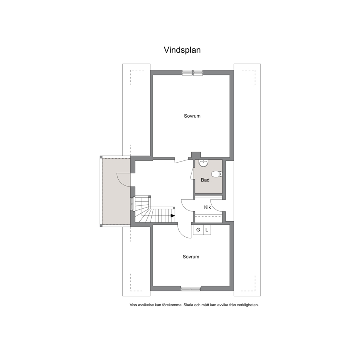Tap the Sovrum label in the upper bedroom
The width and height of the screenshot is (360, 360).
pos(192,116)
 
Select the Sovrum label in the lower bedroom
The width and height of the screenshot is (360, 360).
pos(191,257)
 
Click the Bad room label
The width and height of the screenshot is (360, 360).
pos(205,180)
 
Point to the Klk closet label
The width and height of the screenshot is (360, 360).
pos(207,207)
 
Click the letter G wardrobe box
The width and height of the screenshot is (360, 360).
pos(198,230)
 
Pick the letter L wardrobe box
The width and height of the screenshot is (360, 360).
pos(207,230)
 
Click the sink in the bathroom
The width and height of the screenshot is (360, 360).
pos(204,163)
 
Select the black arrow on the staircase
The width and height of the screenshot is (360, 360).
pos(173,216)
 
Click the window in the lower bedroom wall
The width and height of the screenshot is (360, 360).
pos(191,289)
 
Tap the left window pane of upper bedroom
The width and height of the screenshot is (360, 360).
pos(187,73)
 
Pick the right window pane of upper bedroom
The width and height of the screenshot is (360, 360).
pos(198,73)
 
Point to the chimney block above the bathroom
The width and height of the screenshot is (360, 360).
pos(196,155)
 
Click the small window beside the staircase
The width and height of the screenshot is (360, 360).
pos(132,204)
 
